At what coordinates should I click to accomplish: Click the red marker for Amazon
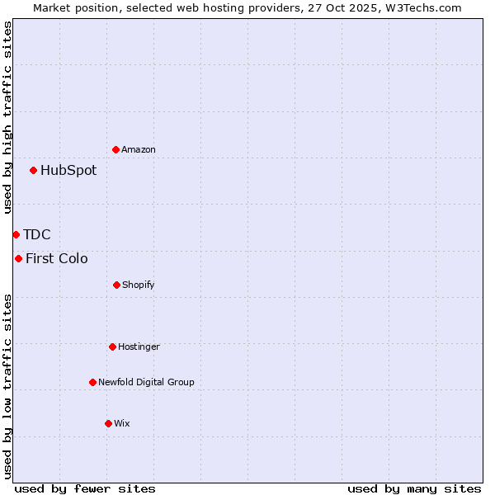point(115,149)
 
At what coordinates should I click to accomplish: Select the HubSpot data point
point(33,171)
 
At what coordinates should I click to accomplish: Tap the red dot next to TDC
point(16,235)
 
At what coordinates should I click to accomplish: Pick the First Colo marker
point(18,259)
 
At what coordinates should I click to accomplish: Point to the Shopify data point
point(116,285)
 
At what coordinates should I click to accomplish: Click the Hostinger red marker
point(112,346)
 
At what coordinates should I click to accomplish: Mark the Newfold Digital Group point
point(92,382)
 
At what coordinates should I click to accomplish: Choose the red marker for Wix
point(108,423)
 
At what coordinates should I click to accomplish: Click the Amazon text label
point(139,149)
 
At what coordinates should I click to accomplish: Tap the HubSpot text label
point(68,171)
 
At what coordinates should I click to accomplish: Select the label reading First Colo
point(57,259)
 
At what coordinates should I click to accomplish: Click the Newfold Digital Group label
point(147,382)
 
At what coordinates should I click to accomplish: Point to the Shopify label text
point(139,285)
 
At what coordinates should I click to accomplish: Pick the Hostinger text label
point(139,346)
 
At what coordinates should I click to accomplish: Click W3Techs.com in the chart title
point(422,7)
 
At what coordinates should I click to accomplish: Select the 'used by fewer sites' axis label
point(85,488)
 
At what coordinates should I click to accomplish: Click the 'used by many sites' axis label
point(414,488)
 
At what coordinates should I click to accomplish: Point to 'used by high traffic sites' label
point(7,117)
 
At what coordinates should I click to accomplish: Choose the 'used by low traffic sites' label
point(7,385)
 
